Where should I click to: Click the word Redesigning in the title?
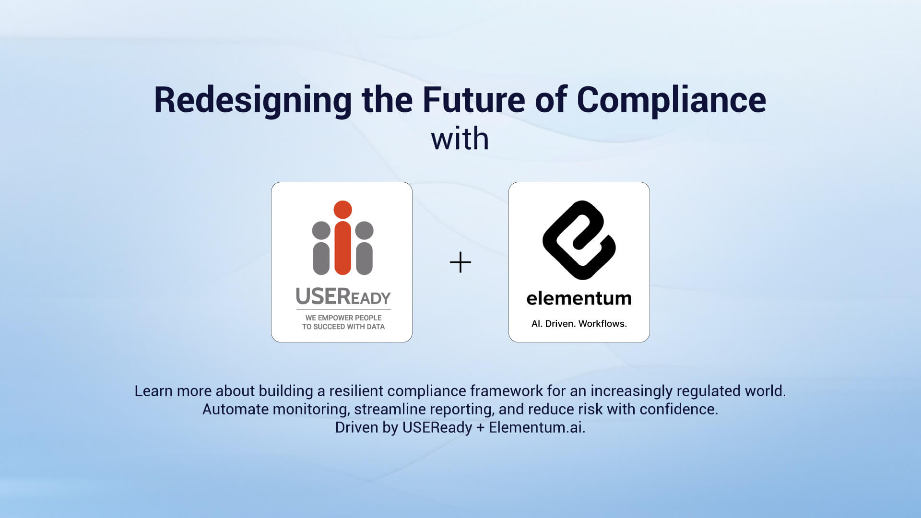tap(253, 100)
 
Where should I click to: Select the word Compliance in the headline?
tap(671, 100)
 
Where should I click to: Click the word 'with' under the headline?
tap(460, 139)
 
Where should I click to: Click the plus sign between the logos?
tap(460, 262)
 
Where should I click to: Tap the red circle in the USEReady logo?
tap(342, 210)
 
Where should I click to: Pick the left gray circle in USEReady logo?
tap(321, 230)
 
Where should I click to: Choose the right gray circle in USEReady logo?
tap(364, 230)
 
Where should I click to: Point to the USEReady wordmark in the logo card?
tap(343, 296)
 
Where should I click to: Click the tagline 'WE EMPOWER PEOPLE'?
tap(343, 318)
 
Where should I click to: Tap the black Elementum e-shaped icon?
tap(579, 240)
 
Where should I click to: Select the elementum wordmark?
tap(579, 298)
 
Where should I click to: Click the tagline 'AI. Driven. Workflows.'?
tap(579, 324)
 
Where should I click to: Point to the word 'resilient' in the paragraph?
tap(356, 391)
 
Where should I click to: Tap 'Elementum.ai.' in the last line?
tap(537, 427)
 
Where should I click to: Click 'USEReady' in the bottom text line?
tap(437, 427)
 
